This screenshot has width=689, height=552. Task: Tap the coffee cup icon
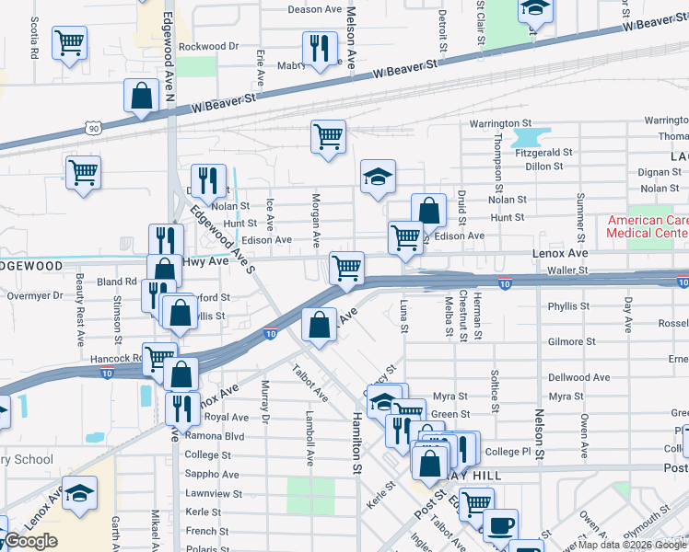[500, 525]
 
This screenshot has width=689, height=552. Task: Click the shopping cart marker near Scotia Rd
[69, 42]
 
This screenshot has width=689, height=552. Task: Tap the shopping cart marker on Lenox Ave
[346, 268]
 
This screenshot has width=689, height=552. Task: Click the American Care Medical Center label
[647, 226]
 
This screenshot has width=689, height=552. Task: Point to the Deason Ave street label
[315, 9]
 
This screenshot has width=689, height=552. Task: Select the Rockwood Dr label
[208, 46]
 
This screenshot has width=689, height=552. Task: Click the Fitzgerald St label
[544, 152]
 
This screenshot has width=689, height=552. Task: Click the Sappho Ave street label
[212, 475]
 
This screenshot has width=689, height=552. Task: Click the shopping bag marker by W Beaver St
[141, 96]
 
